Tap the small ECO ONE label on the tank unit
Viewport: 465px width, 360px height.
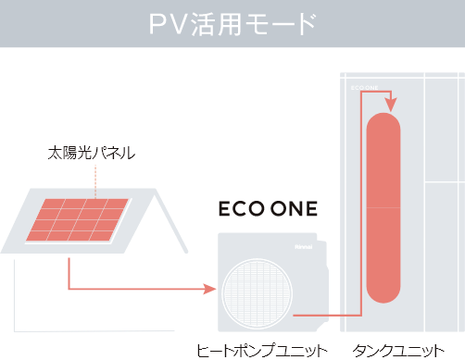tap(365, 89)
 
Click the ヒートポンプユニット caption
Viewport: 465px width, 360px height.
tap(262, 350)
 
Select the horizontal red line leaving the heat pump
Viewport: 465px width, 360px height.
tap(310, 317)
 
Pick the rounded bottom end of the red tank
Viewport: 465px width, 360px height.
tap(383, 292)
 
